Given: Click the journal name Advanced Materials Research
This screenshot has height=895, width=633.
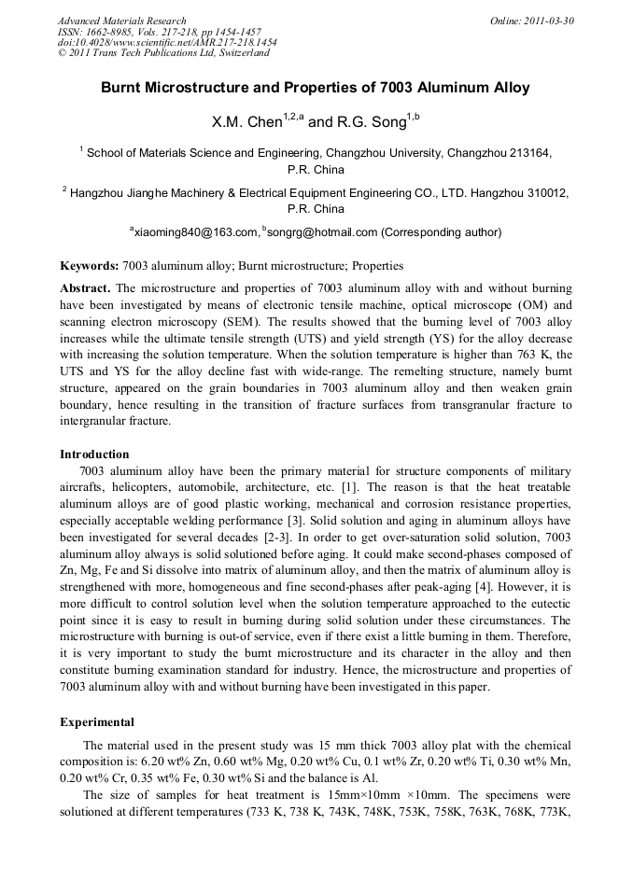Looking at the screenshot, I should coord(121,21).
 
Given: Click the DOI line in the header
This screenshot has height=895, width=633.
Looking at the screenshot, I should coord(167,43).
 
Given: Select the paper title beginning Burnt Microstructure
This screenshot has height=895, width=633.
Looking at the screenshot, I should coord(316,88).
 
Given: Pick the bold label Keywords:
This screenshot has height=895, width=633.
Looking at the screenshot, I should coord(90,265).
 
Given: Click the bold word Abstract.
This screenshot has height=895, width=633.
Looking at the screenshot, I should coord(86,288).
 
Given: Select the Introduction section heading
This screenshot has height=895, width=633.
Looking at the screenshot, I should coord(94,454).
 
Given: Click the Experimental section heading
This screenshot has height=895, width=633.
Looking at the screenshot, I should coord(97,721).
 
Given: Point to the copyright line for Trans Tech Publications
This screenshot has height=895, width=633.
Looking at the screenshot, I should coord(163,54).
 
